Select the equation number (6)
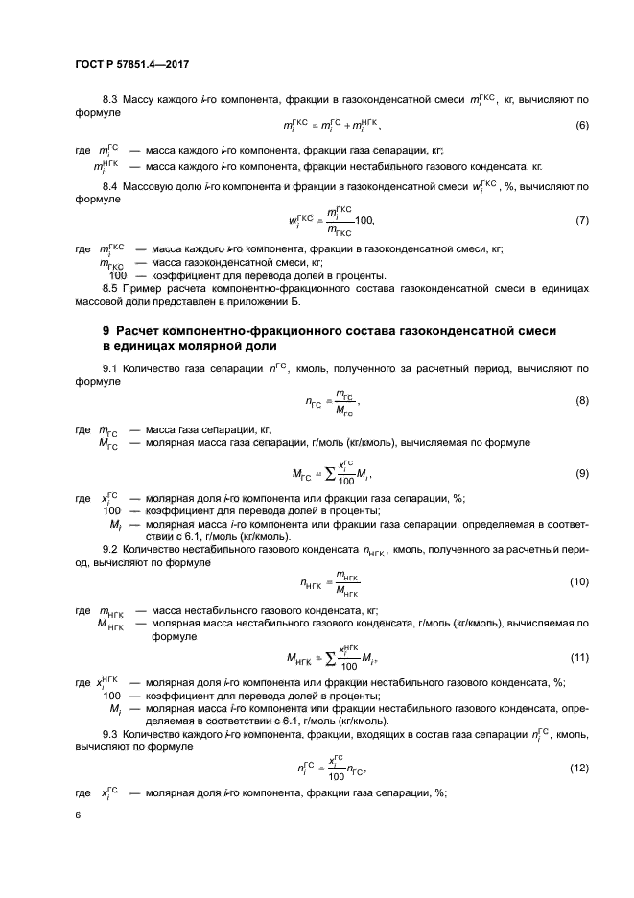tap(581, 126)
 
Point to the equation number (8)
tap(581, 400)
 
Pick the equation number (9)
tap(581, 473)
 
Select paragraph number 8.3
tap(110, 100)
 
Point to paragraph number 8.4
tap(110, 185)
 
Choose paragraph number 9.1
tap(110, 367)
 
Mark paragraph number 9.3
tap(110, 734)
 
